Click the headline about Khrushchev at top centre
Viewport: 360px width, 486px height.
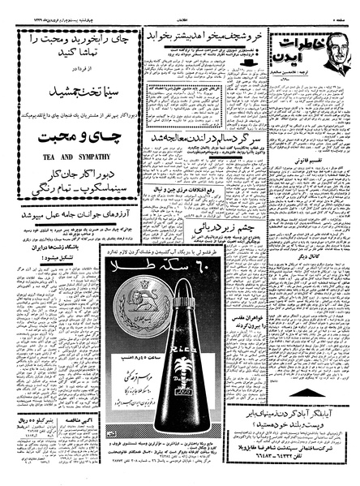point(208,37)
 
